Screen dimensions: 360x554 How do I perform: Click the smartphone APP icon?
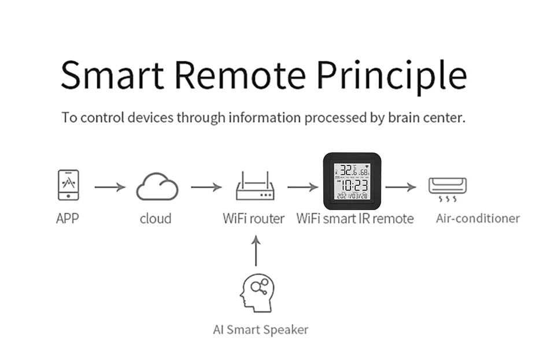[x=68, y=185]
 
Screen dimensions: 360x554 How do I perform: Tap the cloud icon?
[x=157, y=188]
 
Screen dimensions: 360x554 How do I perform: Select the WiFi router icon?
[x=255, y=188]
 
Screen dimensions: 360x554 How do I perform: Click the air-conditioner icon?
[x=447, y=189]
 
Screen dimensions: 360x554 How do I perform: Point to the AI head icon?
[x=257, y=292]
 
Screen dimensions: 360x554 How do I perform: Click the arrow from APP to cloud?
[x=110, y=187]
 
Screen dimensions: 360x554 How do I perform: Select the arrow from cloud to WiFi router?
[x=206, y=187]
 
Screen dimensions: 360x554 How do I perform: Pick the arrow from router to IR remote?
[x=303, y=187]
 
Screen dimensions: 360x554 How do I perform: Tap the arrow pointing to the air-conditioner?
[x=401, y=187]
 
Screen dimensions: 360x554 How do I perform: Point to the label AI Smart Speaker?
[x=260, y=330]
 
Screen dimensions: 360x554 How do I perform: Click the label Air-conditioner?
[x=477, y=218]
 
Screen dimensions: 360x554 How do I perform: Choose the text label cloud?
[x=156, y=219]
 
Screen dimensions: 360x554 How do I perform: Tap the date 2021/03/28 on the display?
[x=352, y=196]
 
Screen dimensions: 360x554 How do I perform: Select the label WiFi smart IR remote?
[x=355, y=219]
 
